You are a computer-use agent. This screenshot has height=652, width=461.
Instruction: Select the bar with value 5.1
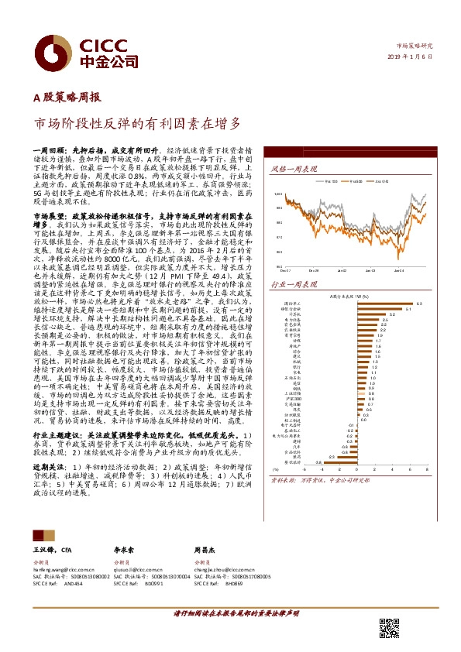point(387,309)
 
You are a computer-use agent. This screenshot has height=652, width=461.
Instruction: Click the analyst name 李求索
point(126,547)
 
